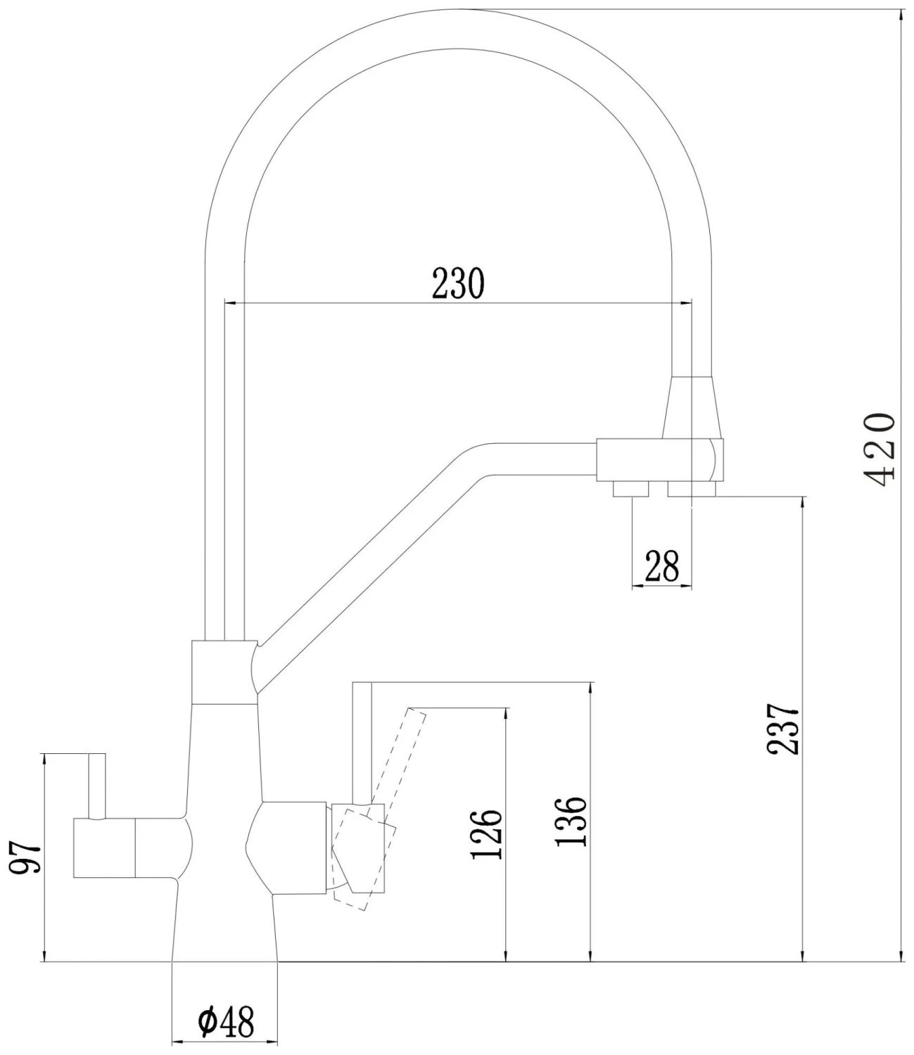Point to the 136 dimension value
[x=571, y=821]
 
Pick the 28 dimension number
[x=662, y=566]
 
